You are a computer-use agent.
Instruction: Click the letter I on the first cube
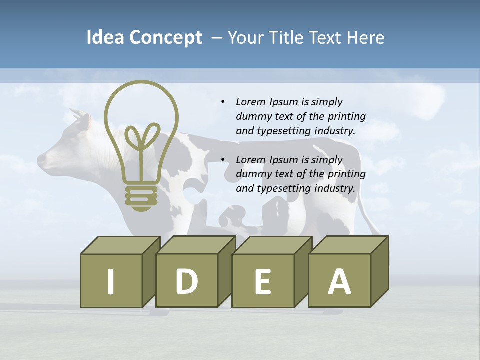point(111,281)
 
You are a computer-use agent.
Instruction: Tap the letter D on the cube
point(186,281)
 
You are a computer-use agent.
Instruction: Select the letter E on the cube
point(263,282)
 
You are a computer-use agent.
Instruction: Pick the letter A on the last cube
point(339,281)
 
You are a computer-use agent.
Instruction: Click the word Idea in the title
point(105,38)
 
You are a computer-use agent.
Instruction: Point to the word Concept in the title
point(165,38)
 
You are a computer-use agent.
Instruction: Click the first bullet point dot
point(223,102)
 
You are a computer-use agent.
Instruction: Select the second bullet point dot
point(223,160)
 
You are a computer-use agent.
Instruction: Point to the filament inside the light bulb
point(142,145)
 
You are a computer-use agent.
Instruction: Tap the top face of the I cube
point(120,245)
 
